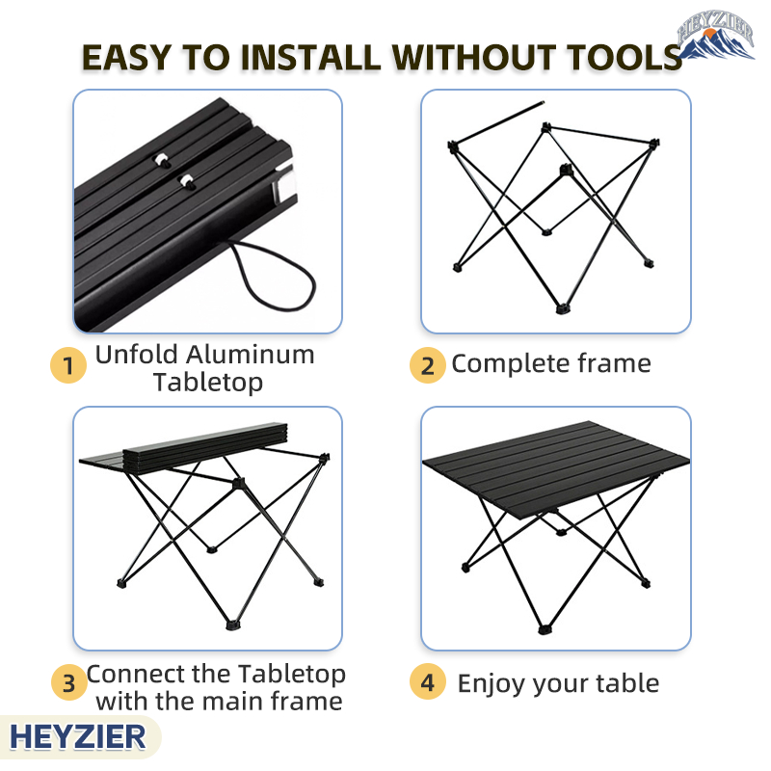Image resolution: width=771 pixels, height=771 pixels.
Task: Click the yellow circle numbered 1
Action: click(68, 365)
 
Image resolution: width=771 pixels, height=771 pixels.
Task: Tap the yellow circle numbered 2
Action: click(427, 365)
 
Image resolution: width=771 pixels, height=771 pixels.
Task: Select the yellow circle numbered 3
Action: click(69, 682)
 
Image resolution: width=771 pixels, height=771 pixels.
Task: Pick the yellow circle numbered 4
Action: click(427, 682)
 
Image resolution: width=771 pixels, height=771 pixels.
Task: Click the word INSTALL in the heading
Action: click(310, 58)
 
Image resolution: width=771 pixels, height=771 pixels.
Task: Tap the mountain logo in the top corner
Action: click(716, 35)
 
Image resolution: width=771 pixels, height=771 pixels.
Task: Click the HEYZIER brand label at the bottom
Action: click(78, 737)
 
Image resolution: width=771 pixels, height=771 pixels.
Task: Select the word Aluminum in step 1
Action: click(251, 354)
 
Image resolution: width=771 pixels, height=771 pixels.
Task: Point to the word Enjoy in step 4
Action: click(491, 684)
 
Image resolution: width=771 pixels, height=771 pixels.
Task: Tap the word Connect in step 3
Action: click(135, 674)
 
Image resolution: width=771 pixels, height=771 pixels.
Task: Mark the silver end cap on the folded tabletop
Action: click(284, 186)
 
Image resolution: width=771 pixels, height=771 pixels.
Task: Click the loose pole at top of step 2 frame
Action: click(497, 122)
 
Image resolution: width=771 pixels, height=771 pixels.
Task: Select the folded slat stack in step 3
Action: click(204, 445)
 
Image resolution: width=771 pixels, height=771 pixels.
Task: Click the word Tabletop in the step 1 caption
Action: click(208, 383)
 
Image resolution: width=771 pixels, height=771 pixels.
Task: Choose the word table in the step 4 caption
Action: click(627, 683)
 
